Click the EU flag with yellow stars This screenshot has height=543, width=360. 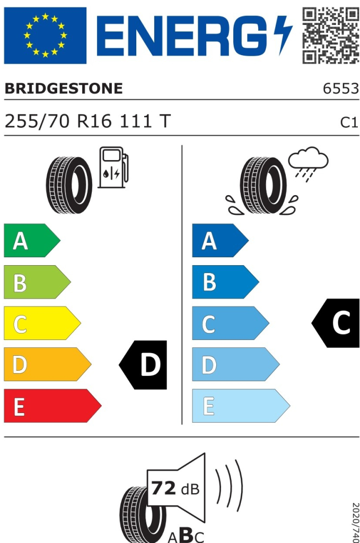45,35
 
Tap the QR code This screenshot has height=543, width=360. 330,35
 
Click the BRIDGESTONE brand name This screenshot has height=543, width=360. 64,89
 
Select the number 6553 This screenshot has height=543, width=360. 341,89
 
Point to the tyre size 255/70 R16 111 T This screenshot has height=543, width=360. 87,121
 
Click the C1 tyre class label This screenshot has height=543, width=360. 349,122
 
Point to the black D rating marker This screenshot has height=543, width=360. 144,365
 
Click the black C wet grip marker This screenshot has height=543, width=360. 336,323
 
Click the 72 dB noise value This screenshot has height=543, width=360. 175,488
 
